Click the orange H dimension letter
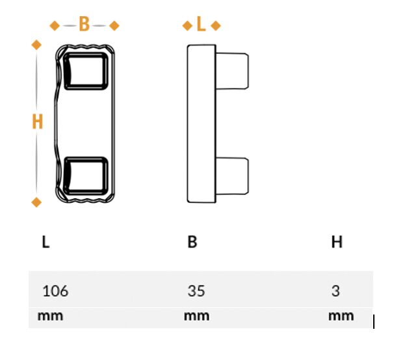click(37, 122)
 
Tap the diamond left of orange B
click(55, 26)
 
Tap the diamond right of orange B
click(114, 26)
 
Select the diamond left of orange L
click(187, 26)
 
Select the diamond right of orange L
click(216, 26)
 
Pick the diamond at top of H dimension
click(36, 45)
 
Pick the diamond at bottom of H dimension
click(36, 202)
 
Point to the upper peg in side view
click(232, 71)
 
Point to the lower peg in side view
click(232, 176)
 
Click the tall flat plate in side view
click(202, 123)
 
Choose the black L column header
click(46, 242)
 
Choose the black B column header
click(192, 242)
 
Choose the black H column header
click(337, 242)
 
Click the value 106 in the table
click(55, 290)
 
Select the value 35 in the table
click(196, 290)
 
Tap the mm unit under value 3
click(341, 316)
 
